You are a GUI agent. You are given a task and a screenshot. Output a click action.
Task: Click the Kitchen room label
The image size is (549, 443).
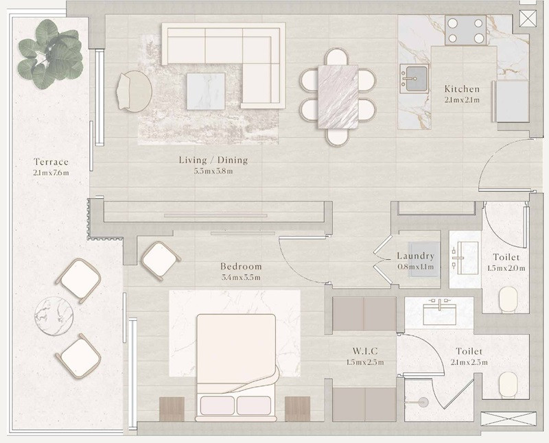coord(462,88)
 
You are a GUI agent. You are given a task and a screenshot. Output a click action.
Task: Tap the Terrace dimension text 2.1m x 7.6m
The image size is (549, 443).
coord(51,173)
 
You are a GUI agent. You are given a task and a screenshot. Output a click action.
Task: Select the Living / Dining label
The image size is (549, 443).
coord(213,160)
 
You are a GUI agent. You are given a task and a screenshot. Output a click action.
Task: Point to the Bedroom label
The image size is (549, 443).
coord(241,266)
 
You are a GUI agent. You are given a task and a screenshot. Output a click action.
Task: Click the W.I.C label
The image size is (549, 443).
coord(365,351)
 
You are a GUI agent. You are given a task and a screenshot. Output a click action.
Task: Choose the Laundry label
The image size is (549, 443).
coord(416,256)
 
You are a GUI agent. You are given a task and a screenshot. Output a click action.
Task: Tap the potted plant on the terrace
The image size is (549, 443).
coord(50,53)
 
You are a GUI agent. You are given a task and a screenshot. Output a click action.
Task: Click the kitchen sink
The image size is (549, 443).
coord(414,78)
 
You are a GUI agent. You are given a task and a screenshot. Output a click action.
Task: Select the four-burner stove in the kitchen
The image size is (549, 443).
coord(466,30)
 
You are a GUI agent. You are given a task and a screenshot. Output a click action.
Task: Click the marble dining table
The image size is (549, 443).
coord(338,97)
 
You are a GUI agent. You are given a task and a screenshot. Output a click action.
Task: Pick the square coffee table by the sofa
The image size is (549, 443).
coord(205,91)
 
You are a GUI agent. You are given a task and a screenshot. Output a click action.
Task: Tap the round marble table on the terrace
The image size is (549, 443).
coord(54,316)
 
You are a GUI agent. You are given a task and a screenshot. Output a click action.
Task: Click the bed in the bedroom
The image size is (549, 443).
coord(236,368)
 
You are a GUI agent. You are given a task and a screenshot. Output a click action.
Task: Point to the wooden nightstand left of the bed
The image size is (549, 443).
coord(172,409)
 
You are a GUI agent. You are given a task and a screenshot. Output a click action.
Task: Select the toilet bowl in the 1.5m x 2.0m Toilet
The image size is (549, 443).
coord(508,300)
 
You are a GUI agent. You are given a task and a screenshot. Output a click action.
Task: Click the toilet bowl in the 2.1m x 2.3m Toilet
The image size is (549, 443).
coord(508,385)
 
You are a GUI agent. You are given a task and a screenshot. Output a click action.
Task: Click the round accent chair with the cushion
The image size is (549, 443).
coord(134,91)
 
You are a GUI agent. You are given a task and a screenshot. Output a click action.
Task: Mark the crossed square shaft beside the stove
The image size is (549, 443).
coord(528,19)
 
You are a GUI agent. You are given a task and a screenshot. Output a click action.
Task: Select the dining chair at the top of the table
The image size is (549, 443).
coord(336,57)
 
